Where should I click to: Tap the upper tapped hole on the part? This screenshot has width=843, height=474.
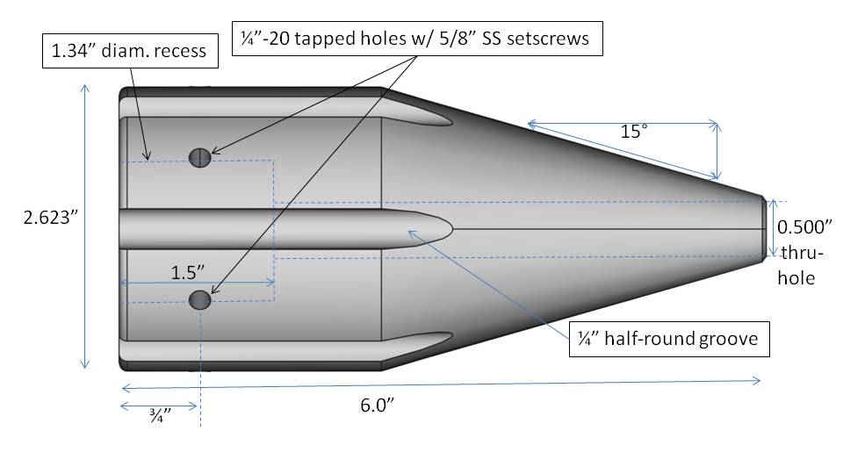point(200,157)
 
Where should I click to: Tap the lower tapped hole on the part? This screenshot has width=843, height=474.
point(200,300)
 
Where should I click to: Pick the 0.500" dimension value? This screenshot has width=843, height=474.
point(804,226)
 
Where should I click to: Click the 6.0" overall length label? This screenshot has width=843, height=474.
point(378,406)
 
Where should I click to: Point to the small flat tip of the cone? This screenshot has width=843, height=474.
point(763,229)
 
